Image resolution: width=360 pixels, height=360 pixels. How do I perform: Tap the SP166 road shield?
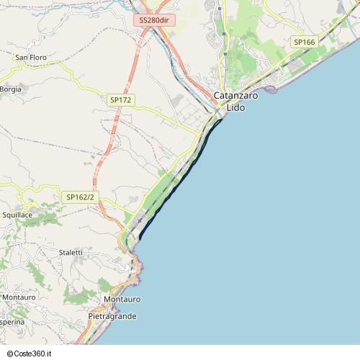point(305,42)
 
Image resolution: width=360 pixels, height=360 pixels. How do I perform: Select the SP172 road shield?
point(120,100)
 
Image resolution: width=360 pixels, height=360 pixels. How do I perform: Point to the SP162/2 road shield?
point(80,197)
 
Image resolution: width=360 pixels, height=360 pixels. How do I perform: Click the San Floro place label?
point(31,57)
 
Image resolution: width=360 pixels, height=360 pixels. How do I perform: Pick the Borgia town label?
point(11,89)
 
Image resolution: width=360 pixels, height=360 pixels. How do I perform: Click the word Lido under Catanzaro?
point(236,107)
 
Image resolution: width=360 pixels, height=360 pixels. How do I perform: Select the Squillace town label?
point(17,215)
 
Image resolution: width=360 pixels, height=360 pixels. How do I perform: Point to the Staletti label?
point(71,252)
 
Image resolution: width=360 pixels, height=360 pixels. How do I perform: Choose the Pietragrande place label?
point(112,316)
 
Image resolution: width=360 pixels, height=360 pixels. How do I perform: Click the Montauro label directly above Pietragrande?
point(122,299)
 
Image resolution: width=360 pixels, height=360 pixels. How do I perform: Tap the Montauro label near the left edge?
point(19,297)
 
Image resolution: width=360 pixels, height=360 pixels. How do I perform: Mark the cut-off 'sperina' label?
point(12,322)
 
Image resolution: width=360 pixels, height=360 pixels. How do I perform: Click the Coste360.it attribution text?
point(37,354)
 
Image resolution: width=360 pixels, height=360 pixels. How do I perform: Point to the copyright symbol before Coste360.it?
point(9,354)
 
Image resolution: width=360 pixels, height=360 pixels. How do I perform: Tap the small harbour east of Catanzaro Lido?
point(271,90)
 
